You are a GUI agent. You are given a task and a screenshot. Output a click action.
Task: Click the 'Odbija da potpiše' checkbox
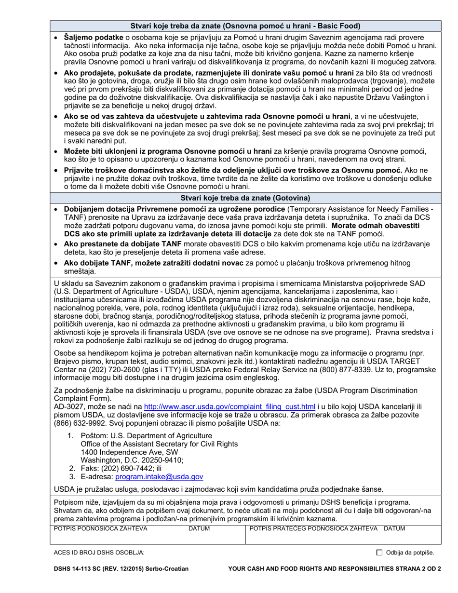tap(378, 553)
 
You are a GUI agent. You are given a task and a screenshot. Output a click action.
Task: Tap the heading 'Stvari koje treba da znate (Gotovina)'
tap(245, 198)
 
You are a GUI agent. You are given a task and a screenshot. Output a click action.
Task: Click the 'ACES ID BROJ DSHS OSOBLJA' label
tap(99, 553)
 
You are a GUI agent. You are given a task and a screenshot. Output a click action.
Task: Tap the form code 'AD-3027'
tap(67, 406)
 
